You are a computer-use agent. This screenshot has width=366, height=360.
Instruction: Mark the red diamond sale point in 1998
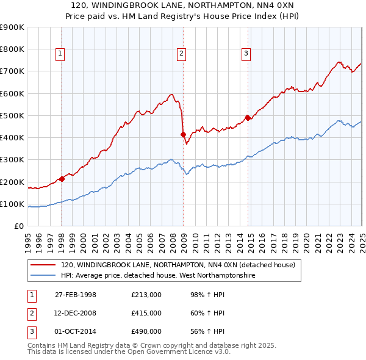[x=62, y=179]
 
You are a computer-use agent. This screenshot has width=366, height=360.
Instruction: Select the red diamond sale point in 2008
[x=182, y=134]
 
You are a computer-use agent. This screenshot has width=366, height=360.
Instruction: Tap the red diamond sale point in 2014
[x=248, y=118]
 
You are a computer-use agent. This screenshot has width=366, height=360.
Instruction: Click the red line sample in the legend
[x=43, y=265]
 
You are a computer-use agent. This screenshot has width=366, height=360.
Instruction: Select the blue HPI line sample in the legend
[x=43, y=275]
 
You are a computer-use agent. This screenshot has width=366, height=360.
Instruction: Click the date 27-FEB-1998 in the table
[x=76, y=295]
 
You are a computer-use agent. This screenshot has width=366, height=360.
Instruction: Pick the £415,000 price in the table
[x=146, y=313]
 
